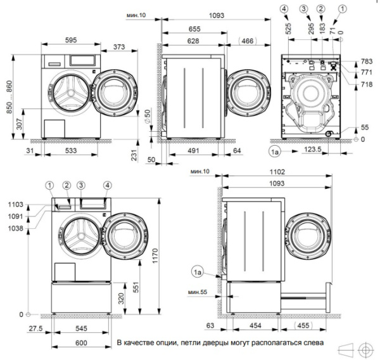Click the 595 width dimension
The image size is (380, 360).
[x=71, y=40]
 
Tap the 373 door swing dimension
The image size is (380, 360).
[x=119, y=46]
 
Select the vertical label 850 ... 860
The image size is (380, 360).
[x=9, y=97]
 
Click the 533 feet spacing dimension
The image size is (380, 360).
[x=71, y=151]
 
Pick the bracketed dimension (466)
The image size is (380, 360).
[x=248, y=41]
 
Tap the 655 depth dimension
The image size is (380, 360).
[x=194, y=29]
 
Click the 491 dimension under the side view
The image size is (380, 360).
[x=193, y=151]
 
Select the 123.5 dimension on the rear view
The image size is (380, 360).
[x=313, y=149]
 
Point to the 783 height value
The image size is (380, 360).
[x=367, y=61]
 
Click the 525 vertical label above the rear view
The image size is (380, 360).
[x=288, y=29]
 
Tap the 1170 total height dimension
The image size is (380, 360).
[x=155, y=255]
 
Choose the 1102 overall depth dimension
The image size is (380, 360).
[x=277, y=172]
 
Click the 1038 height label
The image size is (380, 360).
[x=15, y=228]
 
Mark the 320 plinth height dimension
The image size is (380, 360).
[x=121, y=299]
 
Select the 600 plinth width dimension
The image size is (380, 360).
[x=81, y=343]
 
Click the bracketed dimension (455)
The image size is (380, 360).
[x=303, y=325]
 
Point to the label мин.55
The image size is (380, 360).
[x=198, y=292]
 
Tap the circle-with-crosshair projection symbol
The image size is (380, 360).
[x=366, y=350]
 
